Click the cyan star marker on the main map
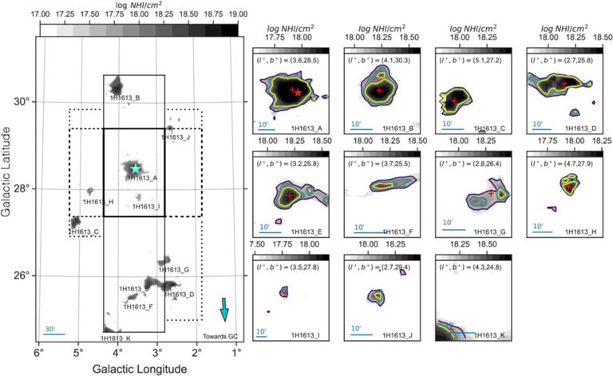136,168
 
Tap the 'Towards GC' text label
221,336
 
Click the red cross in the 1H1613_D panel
564,84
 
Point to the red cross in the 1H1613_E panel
289,196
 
